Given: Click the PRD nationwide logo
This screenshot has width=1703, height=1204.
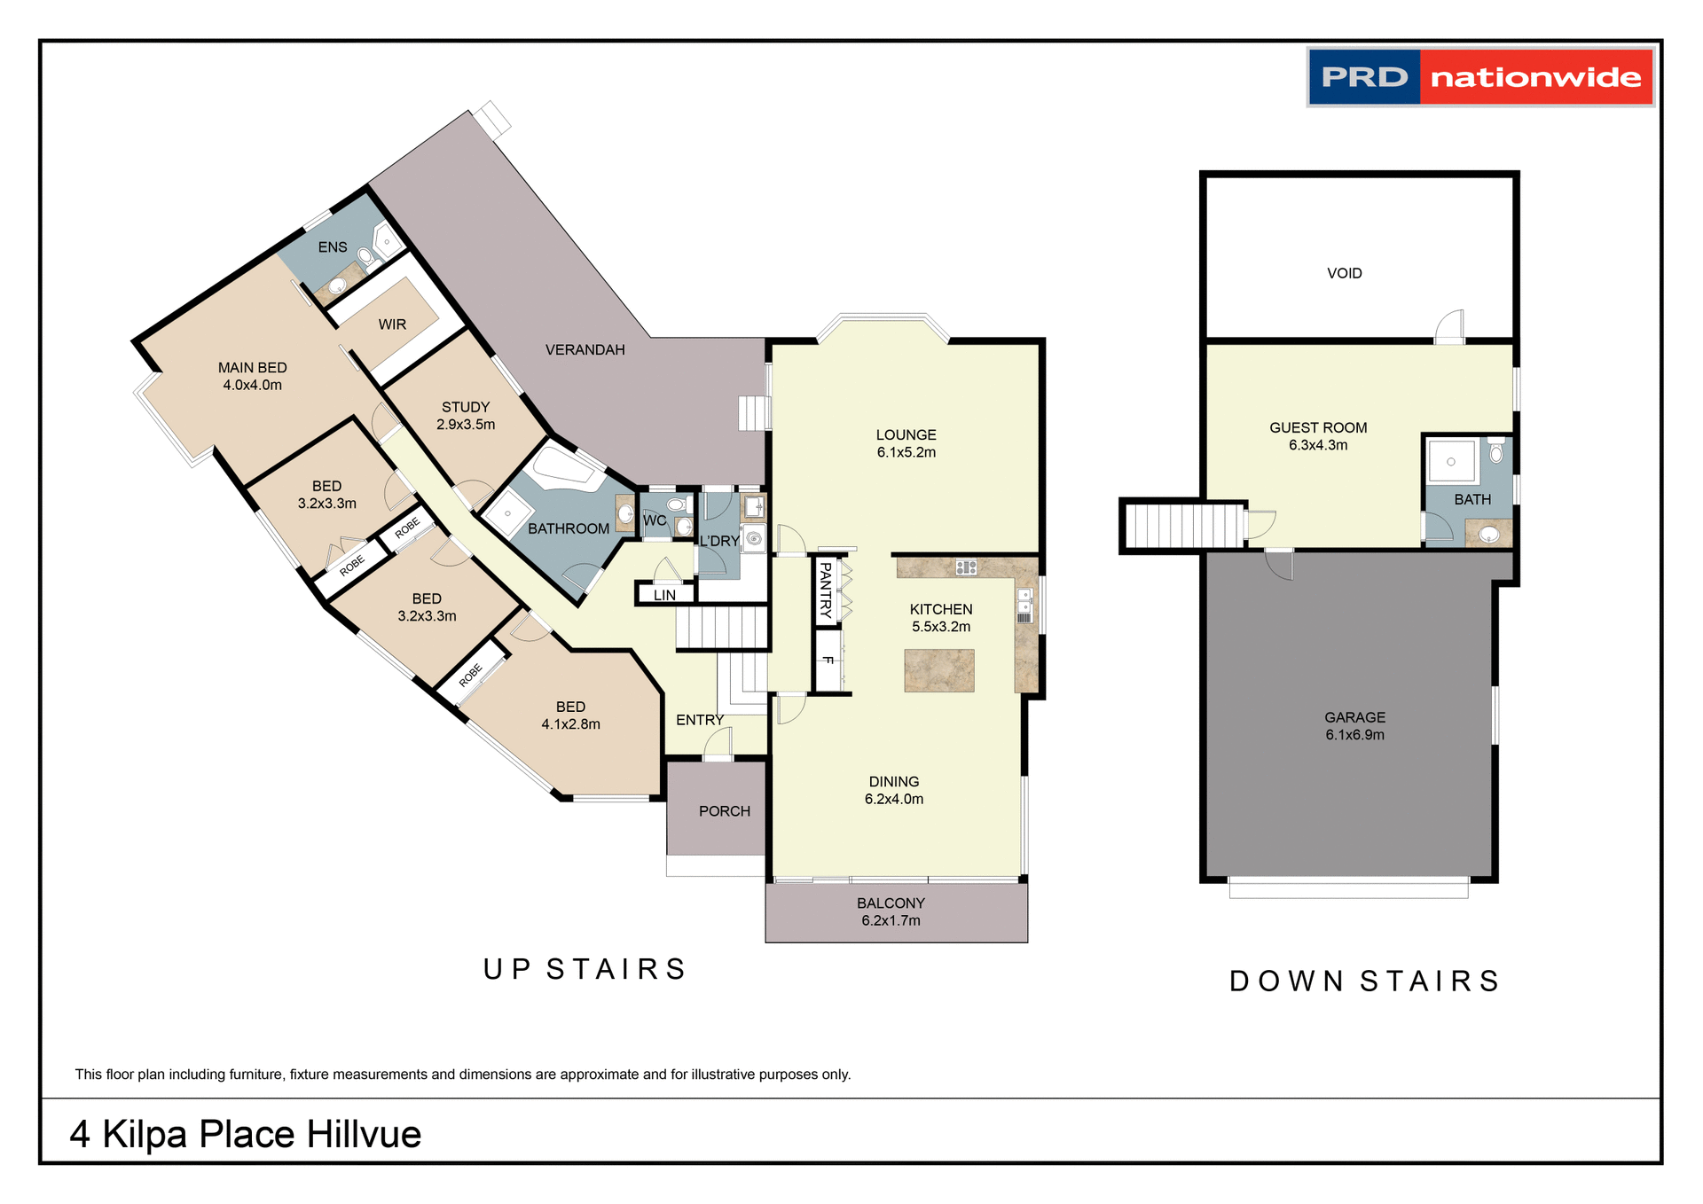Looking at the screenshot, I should (x=1479, y=77).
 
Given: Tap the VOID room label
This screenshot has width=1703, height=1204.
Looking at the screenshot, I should (x=1344, y=273).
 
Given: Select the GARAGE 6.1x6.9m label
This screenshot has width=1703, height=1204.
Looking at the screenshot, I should (x=1354, y=725).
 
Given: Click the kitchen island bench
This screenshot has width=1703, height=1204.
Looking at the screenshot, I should (x=938, y=670).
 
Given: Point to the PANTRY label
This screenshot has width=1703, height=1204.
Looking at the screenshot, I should (x=826, y=590).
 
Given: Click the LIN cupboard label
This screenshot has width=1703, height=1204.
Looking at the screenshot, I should (x=664, y=595).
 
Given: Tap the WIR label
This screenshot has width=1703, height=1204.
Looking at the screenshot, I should (x=392, y=324).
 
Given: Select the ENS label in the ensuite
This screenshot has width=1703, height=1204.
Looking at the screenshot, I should (x=333, y=247).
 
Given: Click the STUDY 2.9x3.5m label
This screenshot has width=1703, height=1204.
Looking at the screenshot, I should (x=466, y=415).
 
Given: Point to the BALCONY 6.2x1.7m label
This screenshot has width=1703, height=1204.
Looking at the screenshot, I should (x=891, y=911).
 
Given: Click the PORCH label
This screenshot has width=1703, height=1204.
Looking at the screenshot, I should (x=724, y=811).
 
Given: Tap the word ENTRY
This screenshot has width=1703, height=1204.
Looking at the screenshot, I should (x=700, y=720).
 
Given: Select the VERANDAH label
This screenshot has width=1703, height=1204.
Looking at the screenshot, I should (x=585, y=350).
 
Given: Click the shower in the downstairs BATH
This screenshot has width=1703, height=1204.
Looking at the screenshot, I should (x=1451, y=462).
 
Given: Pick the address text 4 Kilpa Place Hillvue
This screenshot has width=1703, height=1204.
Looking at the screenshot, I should (x=246, y=1134).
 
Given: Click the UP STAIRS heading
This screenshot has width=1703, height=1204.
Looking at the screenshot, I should (x=585, y=969).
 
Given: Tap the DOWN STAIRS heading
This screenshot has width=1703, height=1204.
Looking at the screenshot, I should (x=1365, y=981).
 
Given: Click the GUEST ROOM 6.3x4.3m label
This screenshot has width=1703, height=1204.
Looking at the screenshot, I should (x=1318, y=436).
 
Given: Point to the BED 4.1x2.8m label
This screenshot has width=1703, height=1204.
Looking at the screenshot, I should (x=570, y=715).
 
